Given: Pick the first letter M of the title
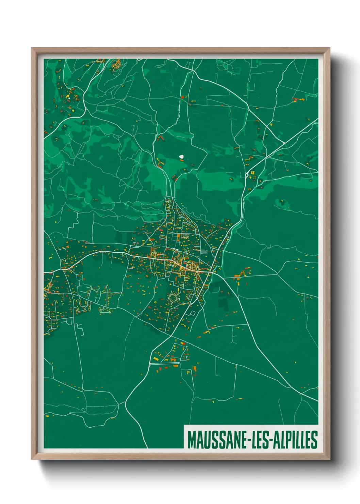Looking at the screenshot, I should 192,440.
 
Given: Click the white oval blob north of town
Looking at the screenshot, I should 181,157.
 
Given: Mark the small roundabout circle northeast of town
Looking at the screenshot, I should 247,175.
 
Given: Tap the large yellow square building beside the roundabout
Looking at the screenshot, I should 253,173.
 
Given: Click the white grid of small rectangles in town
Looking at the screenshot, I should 203,252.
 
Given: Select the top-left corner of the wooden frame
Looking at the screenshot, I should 32,48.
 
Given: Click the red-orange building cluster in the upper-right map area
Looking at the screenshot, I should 298,99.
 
